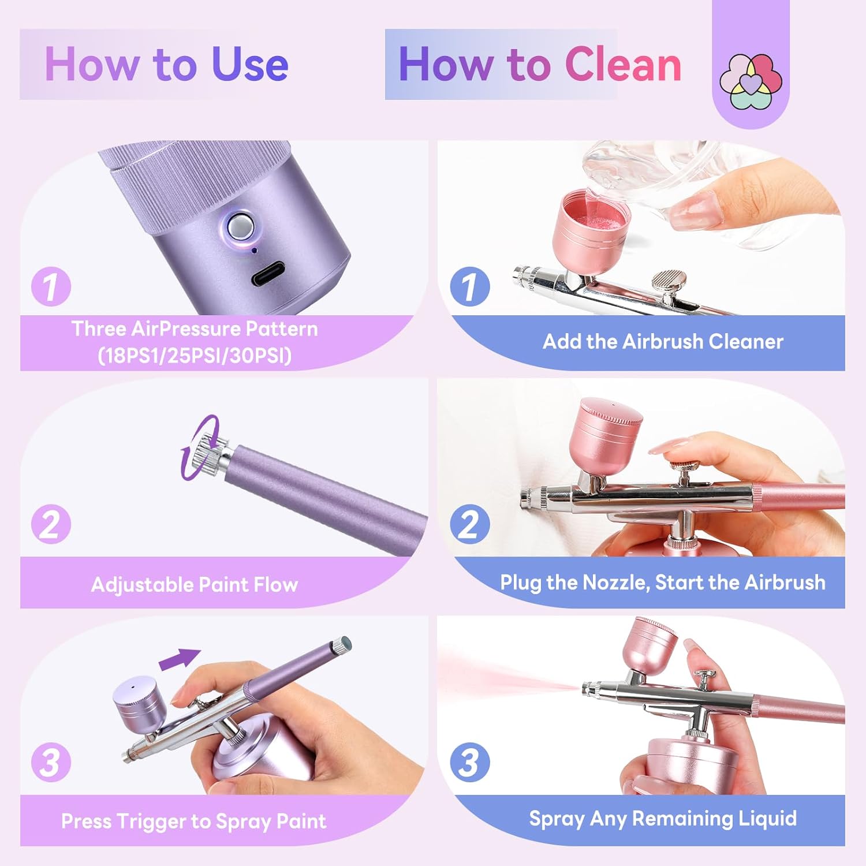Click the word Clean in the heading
tap(623, 64)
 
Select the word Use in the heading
tap(250, 64)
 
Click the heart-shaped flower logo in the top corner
tap(751, 81)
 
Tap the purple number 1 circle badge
tap(51, 286)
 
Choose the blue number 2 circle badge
tap(469, 524)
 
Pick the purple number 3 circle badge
tap(51, 762)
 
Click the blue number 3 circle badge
tap(469, 762)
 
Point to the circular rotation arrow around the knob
tap(199, 447)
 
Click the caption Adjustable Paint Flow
tap(195, 584)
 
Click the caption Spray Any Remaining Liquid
tap(663, 818)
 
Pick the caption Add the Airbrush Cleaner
tap(663, 341)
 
